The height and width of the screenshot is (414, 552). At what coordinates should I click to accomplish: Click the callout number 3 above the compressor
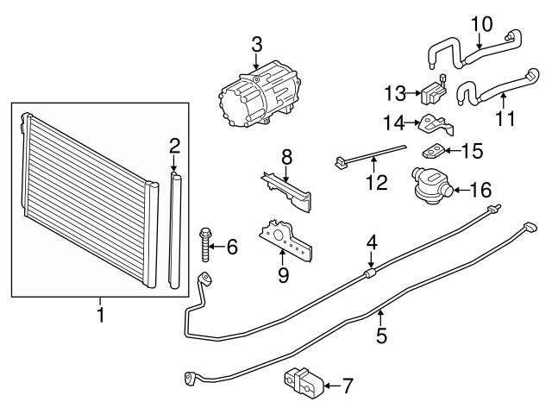[257, 45]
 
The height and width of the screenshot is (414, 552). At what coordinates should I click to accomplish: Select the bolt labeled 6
[205, 245]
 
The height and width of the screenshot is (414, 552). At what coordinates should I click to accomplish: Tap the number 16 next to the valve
[480, 190]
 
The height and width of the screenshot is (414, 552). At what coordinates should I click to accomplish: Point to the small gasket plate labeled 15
[432, 152]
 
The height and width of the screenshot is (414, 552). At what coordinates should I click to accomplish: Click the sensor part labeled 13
[433, 92]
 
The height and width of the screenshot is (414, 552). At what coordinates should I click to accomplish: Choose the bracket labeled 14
[436, 125]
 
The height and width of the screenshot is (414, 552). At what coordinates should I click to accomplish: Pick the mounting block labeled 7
[303, 382]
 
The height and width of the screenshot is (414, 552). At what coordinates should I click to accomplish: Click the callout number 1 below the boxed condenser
[101, 315]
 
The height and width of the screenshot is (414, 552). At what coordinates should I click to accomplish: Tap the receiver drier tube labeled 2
[175, 230]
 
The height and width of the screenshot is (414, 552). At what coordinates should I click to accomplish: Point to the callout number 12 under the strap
[377, 182]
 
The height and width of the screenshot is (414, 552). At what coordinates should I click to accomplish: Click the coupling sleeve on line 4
[369, 273]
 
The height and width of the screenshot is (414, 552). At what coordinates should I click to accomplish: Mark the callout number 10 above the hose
[481, 25]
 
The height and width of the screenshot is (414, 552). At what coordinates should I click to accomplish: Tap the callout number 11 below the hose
[505, 118]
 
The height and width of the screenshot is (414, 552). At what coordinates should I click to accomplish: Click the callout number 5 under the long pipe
[381, 336]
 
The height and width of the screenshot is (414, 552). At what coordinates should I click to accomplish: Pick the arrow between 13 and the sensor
[413, 93]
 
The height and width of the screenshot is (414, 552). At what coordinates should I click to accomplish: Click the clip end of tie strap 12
[341, 162]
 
